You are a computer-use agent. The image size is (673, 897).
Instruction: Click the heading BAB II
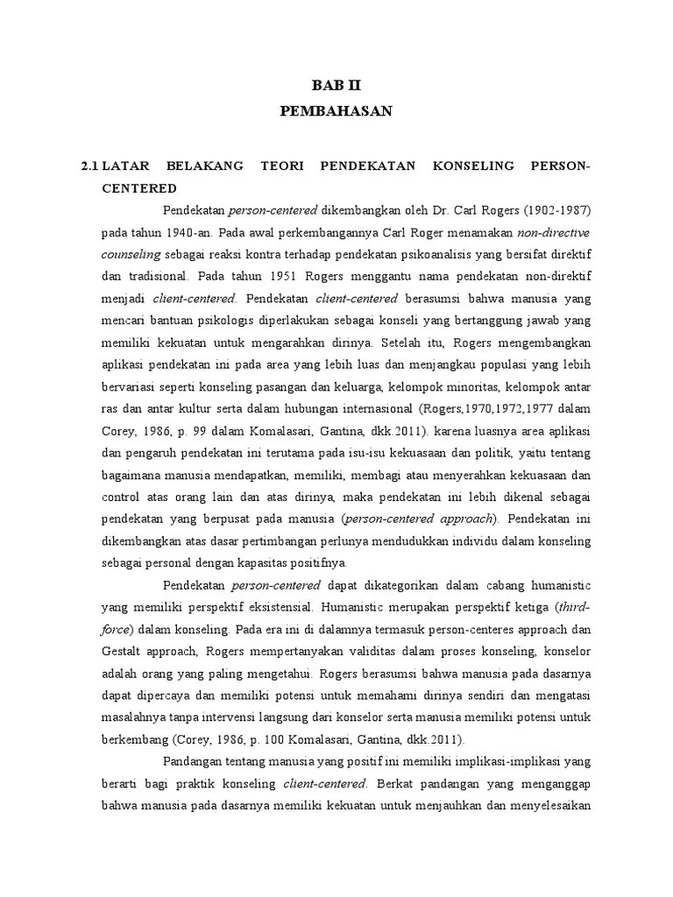click(336, 85)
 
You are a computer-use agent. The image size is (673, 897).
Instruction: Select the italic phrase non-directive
click(554, 233)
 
